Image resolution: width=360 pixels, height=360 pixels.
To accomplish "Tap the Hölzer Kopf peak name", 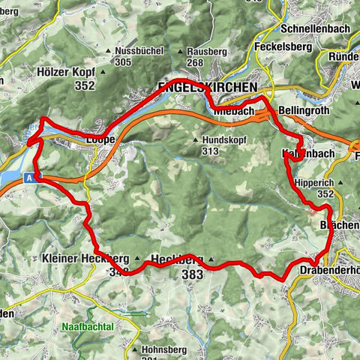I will point(66,73).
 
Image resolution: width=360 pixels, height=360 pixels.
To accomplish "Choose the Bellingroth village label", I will point(304,111).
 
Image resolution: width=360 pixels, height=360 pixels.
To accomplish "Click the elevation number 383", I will point(193,275).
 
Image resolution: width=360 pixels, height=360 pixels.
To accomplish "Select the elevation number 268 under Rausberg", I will point(196,63).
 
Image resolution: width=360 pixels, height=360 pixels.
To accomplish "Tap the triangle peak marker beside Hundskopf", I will point(196,140).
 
